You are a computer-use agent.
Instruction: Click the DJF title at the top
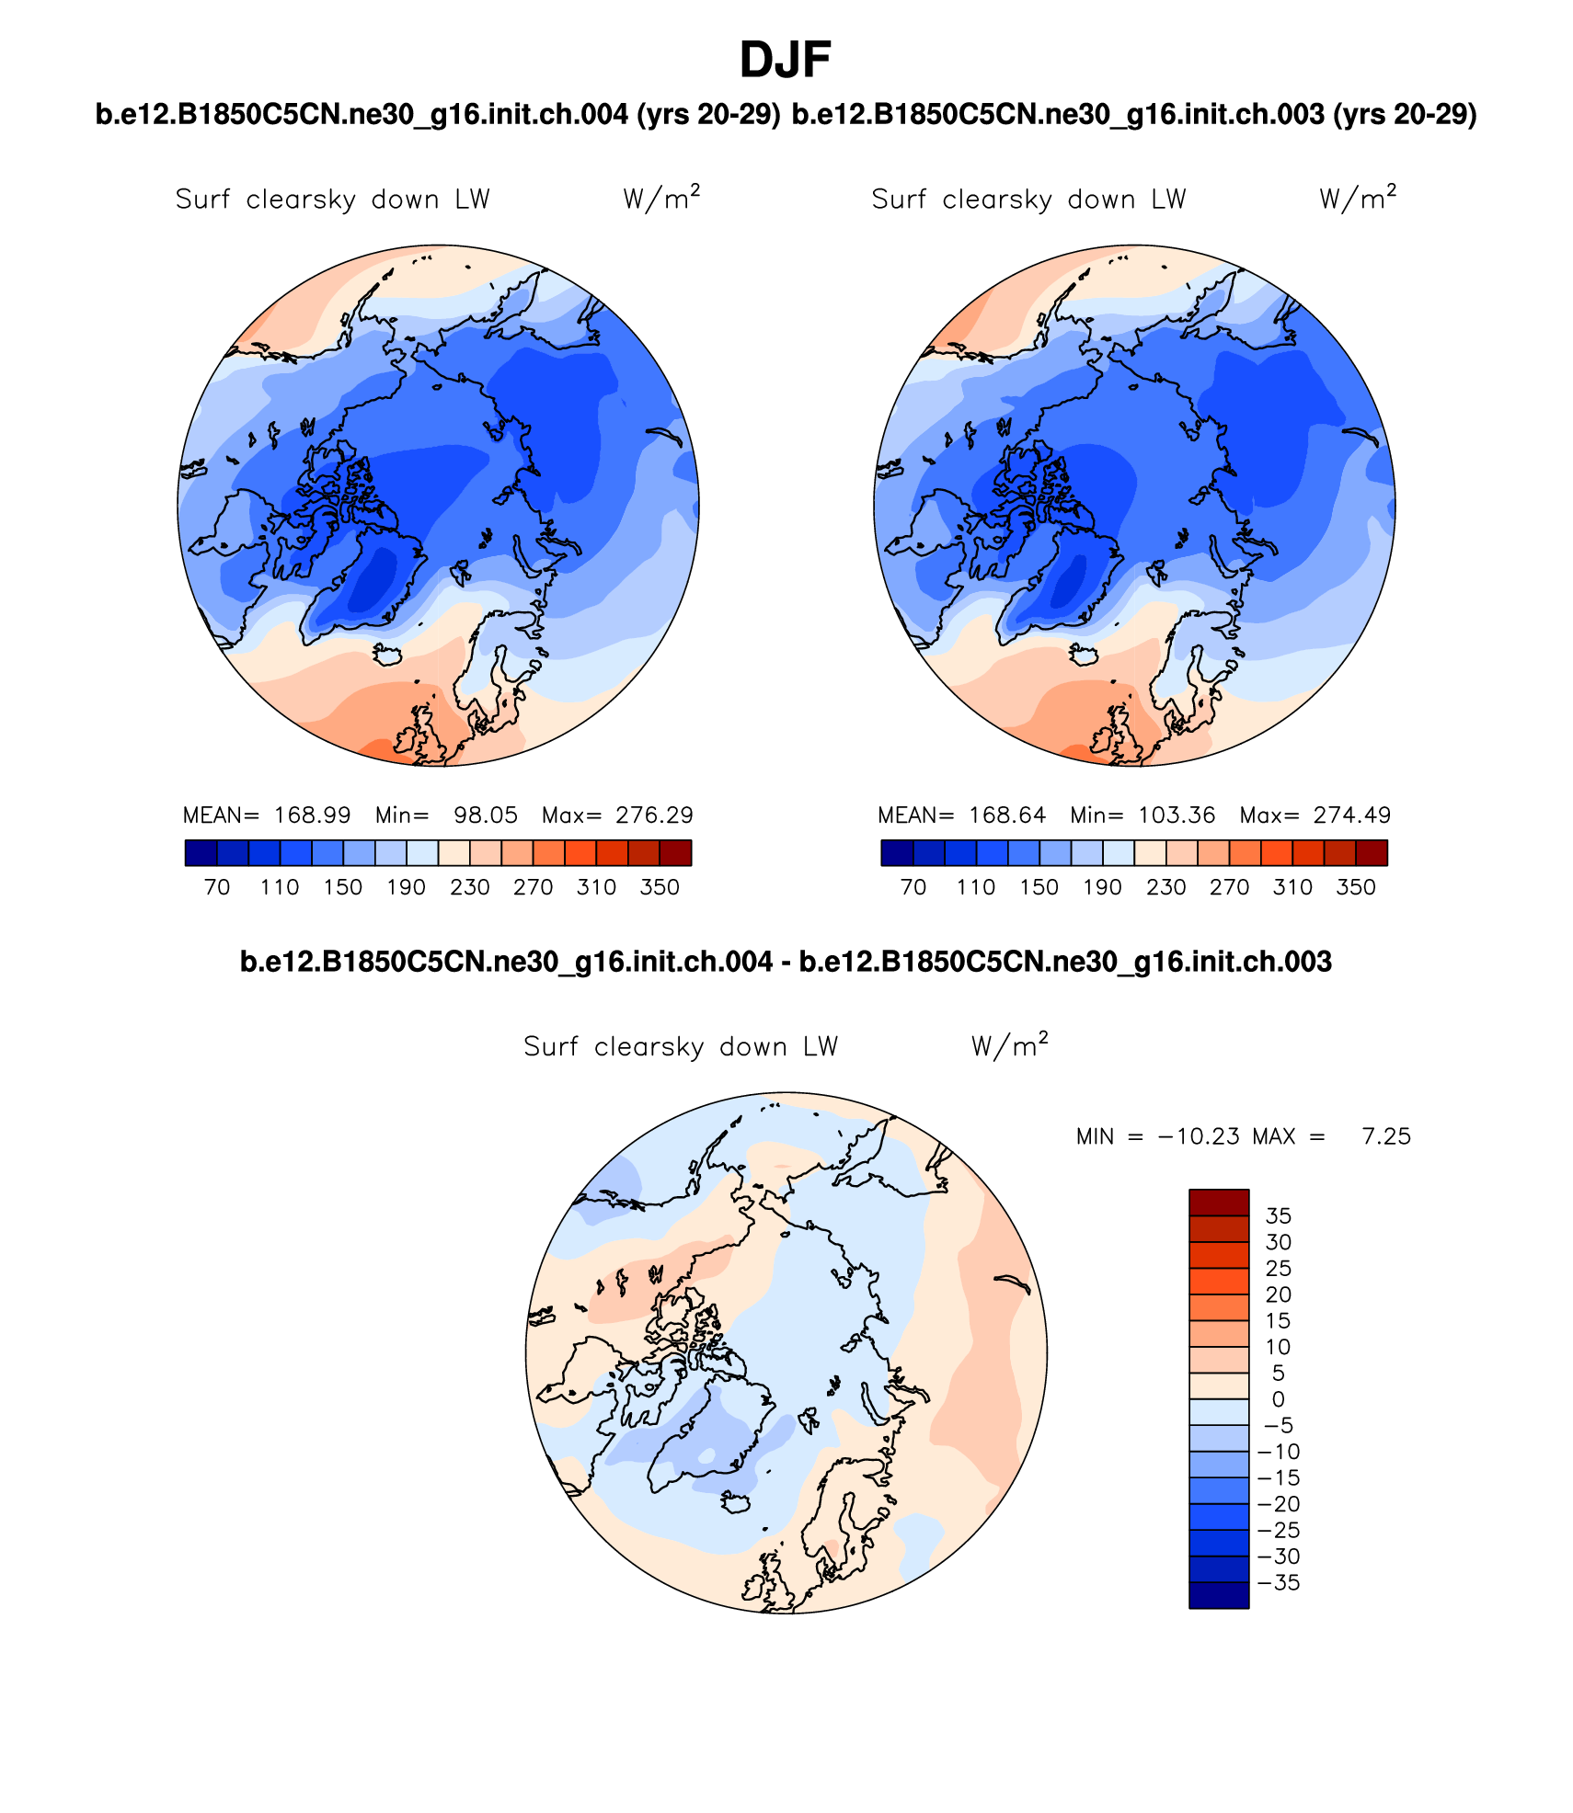785,61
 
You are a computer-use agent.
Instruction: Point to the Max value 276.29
654,815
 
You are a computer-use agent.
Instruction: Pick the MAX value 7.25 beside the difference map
1385,1136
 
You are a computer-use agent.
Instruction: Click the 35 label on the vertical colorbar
1278,1216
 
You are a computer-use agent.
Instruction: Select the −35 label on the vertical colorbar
1278,1582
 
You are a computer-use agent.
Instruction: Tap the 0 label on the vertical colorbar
1278,1399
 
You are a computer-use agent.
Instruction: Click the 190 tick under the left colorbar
406,887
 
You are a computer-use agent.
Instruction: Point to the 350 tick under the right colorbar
1355,887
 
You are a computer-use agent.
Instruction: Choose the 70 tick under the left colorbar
217,887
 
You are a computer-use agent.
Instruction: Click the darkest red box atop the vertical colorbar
1218,1203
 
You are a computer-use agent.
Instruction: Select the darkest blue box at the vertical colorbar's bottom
1218,1595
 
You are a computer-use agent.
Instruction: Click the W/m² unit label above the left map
660,199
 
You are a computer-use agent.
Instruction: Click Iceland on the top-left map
388,655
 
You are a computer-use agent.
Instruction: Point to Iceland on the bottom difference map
736,1501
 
